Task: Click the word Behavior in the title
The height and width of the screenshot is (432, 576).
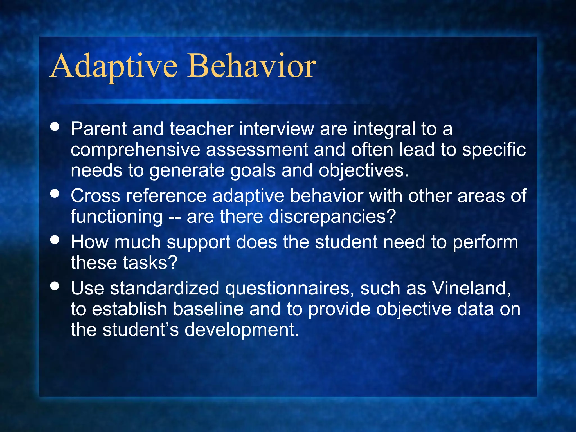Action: tap(252, 66)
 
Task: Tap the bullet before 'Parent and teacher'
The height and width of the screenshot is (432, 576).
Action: tap(55, 127)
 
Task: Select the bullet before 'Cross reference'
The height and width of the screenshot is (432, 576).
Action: tap(55, 193)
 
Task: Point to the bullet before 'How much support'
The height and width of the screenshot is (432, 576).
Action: tap(55, 240)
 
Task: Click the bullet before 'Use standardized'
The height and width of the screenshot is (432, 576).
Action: tap(55, 286)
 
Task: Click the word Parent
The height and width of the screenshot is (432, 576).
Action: tap(99, 129)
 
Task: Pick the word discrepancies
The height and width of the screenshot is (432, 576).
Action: tap(332, 217)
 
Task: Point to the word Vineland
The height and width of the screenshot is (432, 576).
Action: tap(471, 289)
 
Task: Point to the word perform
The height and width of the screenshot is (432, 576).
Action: tap(485, 242)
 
